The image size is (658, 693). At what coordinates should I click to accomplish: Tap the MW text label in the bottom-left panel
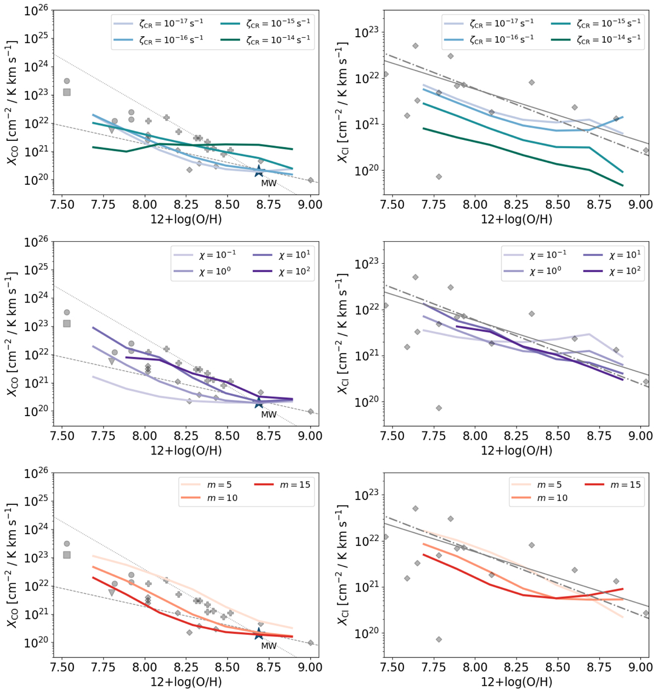[269, 646]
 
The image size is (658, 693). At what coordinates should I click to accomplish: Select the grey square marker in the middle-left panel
[67, 323]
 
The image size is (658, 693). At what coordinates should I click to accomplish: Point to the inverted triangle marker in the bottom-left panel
[112, 593]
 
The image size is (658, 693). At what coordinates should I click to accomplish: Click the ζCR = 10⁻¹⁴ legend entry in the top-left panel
[267, 38]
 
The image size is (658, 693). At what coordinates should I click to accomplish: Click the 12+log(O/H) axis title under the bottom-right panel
[516, 683]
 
